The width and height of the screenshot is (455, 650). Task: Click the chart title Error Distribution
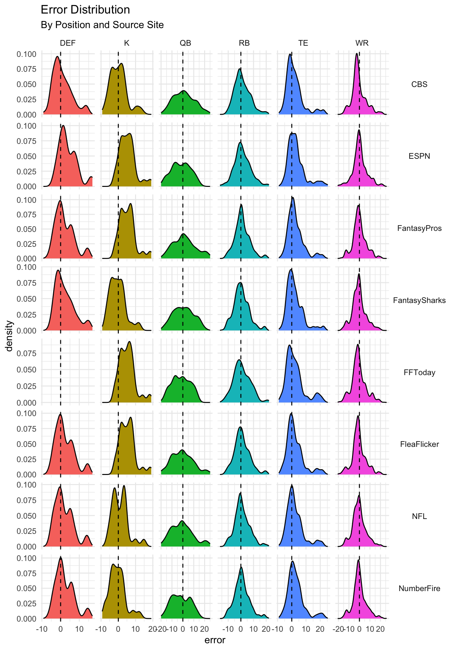point(85,10)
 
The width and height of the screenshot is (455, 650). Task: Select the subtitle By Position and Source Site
point(102,25)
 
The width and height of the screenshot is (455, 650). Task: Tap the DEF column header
point(68,43)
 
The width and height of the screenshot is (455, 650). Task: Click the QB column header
point(185,43)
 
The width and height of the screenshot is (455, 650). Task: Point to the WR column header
point(362,43)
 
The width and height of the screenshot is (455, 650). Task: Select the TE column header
point(303,43)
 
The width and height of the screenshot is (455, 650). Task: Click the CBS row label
point(419,84)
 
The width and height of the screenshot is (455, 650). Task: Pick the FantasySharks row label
point(419,300)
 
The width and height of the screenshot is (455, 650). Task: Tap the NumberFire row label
point(419,588)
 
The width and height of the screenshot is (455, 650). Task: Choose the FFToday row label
point(419,372)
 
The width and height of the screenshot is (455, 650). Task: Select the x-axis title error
point(215,640)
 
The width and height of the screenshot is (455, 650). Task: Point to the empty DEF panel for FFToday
point(68,371)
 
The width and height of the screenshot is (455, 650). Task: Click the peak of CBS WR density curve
point(356,53)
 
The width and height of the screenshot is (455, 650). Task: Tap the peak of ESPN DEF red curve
point(63,126)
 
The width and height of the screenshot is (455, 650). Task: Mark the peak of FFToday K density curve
point(129,342)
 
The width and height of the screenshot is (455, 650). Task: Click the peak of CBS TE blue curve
point(290,54)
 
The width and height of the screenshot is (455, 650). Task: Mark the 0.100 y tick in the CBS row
point(26,54)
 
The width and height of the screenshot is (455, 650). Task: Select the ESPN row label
point(419,156)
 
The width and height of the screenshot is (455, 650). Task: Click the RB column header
point(244,43)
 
